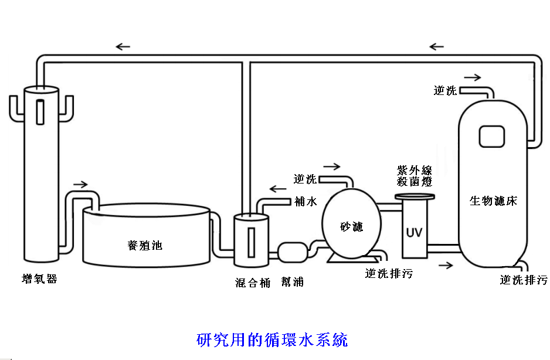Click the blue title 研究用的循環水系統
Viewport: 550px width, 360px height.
coord(272,339)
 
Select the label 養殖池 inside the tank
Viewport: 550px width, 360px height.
coord(144,245)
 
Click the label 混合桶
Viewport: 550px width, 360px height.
coord(253,282)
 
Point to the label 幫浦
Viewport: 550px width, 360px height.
coord(292,282)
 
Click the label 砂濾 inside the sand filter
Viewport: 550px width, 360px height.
coord(351,226)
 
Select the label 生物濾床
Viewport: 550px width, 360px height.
coord(493,201)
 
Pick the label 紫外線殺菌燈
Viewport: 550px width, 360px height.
coord(415,176)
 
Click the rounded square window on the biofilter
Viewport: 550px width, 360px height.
coord(491,137)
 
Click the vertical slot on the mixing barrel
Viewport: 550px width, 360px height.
coord(251,240)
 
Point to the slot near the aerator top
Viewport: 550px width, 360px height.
coord(40,110)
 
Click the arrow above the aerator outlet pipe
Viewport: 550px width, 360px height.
coord(80,184)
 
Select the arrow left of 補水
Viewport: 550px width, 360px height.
coord(276,189)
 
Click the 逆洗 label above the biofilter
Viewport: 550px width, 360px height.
coord(445,90)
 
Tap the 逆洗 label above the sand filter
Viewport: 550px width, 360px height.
coord(305,179)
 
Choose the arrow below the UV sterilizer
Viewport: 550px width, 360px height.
coord(446,265)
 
